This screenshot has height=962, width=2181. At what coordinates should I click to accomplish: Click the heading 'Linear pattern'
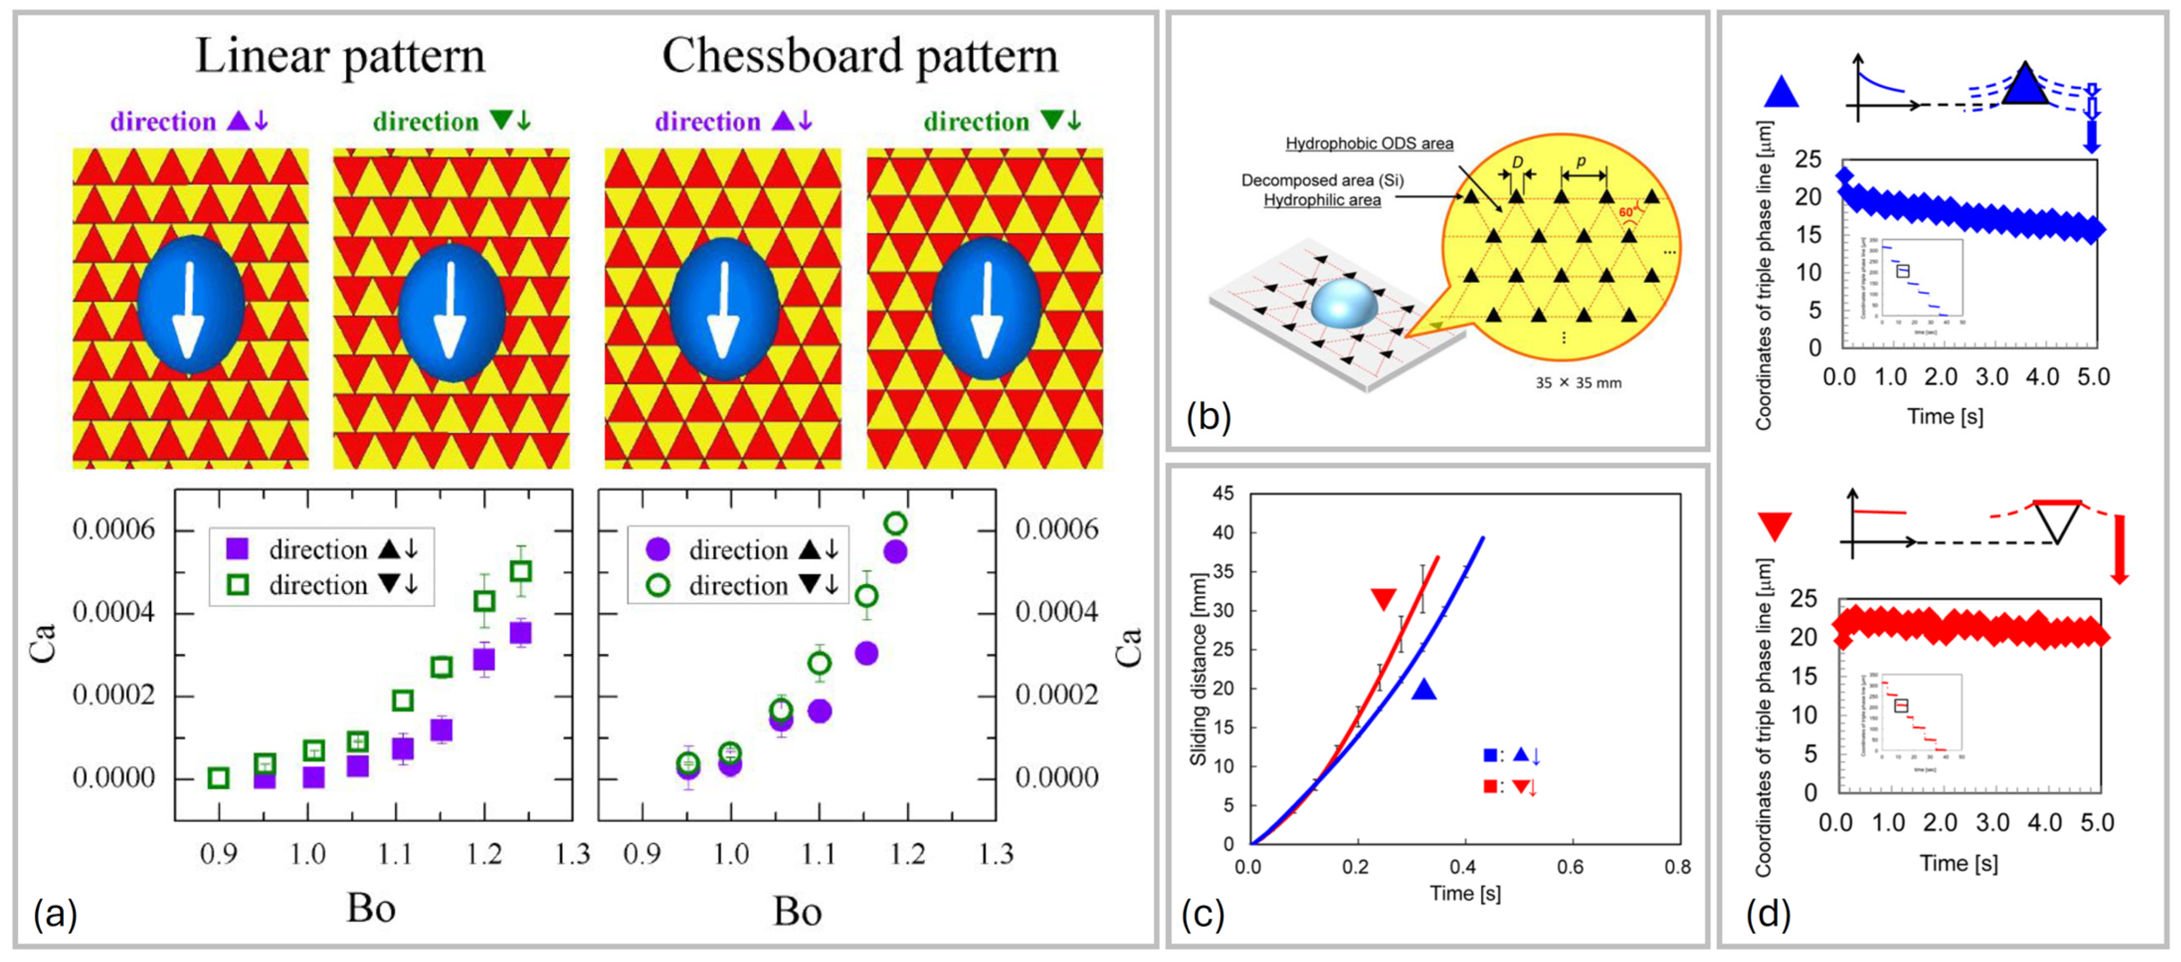click(340, 57)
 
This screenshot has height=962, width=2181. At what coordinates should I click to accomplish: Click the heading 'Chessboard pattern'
click(860, 57)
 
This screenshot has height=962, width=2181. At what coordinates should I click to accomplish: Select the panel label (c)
click(1202, 914)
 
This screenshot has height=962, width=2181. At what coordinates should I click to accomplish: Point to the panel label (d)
click(1768, 914)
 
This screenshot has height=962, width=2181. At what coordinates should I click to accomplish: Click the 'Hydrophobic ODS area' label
click(1369, 143)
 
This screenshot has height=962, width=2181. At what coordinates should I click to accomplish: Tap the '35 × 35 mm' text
click(1578, 383)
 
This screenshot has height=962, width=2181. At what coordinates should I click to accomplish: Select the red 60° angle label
click(1625, 212)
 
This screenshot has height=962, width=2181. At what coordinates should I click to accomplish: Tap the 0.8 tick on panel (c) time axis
click(1677, 866)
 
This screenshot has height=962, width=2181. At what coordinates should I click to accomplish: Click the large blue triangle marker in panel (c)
click(1424, 690)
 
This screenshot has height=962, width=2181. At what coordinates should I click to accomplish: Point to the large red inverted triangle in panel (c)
click(1383, 599)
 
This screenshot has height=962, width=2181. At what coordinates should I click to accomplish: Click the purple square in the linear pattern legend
click(238, 549)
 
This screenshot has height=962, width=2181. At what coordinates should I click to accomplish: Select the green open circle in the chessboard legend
click(658, 585)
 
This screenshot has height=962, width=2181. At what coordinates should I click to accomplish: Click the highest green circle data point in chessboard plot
click(895, 523)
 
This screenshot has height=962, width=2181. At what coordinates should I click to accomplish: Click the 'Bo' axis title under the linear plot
click(371, 909)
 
